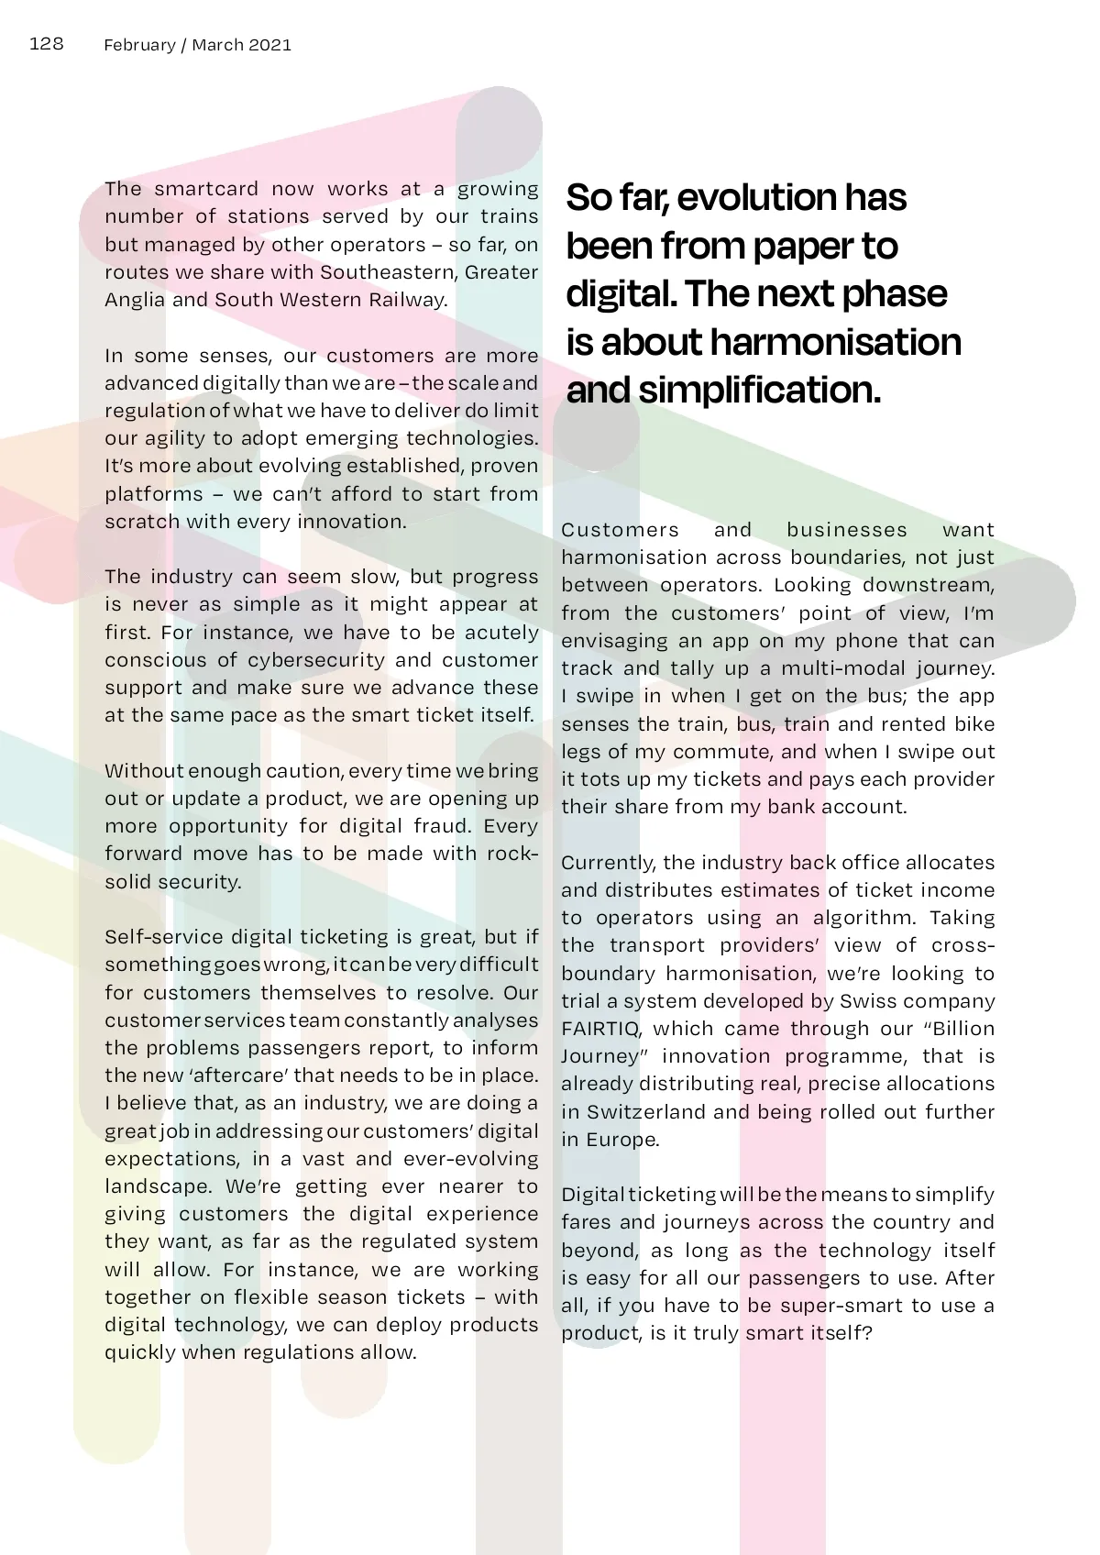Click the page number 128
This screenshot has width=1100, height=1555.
coord(46,43)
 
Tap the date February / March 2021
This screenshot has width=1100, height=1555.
coord(197,45)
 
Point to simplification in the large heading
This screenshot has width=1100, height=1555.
coord(760,390)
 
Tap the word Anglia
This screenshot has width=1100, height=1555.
coord(135,300)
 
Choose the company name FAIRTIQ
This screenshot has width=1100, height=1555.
coord(600,1029)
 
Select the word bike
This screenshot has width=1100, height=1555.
coord(975,724)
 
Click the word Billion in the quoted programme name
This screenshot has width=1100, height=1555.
coord(963,1029)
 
